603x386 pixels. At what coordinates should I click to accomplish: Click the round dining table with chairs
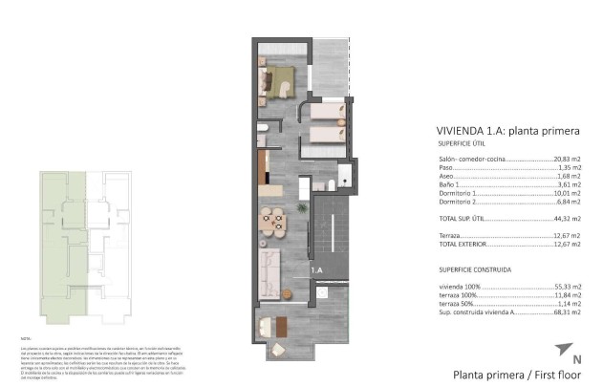pos(272,222)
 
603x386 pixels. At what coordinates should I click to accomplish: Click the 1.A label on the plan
pos(316,272)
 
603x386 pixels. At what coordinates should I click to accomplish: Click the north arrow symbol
pos(571,348)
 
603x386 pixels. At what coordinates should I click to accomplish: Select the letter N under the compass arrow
pos(576,360)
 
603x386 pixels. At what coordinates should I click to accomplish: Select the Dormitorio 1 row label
pos(457,193)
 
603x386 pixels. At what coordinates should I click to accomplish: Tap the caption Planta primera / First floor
pos(506,375)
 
